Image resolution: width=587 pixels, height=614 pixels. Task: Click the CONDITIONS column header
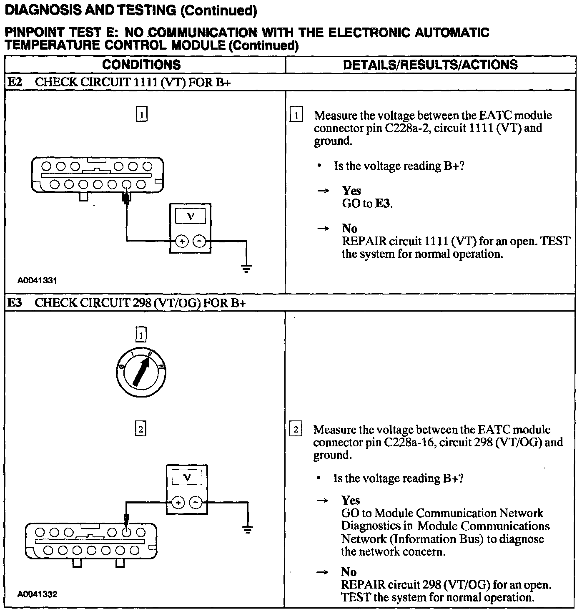(141, 65)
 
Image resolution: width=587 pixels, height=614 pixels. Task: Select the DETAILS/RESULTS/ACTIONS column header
(430, 65)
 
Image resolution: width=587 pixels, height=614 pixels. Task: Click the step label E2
(15, 82)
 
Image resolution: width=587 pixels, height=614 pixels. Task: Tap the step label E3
(15, 302)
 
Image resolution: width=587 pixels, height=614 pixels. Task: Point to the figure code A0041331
(37, 281)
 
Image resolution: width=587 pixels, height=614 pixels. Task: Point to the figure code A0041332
(37, 594)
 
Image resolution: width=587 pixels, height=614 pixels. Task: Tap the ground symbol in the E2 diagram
(247, 268)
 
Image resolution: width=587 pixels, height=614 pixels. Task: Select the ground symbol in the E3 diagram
(247, 531)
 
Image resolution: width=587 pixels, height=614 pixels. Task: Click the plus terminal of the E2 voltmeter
(181, 241)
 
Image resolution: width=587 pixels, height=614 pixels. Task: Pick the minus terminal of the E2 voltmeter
(200, 241)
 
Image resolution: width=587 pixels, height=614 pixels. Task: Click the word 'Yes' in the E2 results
(351, 191)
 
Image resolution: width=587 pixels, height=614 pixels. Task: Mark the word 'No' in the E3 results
(349, 572)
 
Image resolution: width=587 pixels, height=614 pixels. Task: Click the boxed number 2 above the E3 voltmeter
(141, 429)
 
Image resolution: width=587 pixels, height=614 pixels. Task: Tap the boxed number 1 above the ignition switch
(141, 335)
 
